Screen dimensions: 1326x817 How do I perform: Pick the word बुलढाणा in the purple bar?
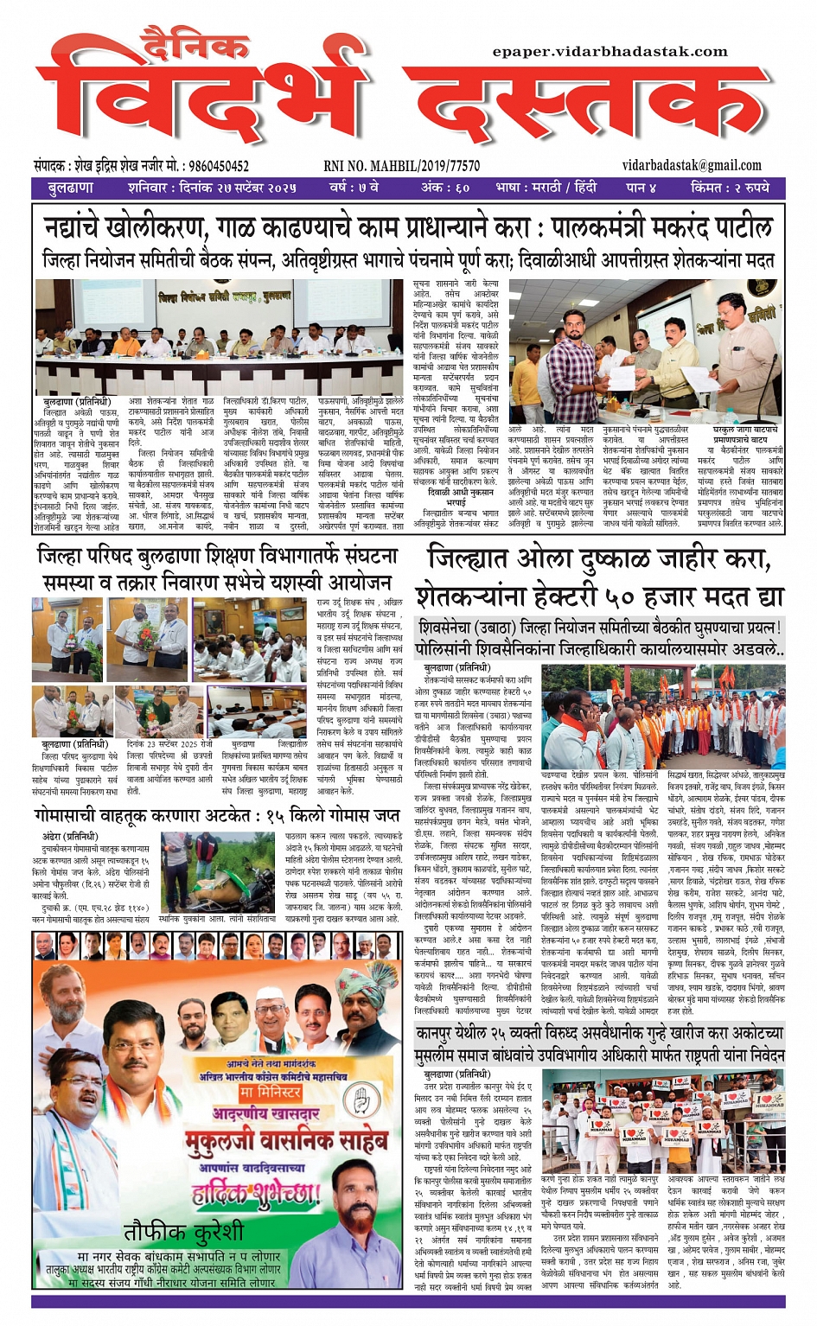tap(71, 188)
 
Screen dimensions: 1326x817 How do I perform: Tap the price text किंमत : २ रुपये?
tap(730, 188)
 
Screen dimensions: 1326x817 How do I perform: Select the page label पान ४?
tap(641, 188)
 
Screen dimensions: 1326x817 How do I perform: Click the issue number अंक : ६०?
tap(445, 188)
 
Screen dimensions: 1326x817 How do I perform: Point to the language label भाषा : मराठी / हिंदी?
tap(546, 188)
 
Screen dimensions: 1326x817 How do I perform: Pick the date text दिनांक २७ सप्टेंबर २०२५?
tap(237, 188)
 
